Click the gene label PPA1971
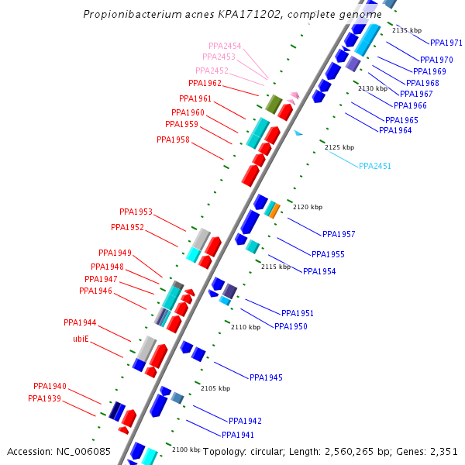446,43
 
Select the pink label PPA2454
225,46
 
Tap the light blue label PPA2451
374,166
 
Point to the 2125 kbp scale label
339,147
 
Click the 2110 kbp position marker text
245,327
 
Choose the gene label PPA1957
339,234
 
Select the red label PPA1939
44,398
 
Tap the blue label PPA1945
266,377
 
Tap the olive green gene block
273,104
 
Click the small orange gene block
274,210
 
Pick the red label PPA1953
136,212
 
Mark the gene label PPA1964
395,130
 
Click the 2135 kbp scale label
405,30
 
